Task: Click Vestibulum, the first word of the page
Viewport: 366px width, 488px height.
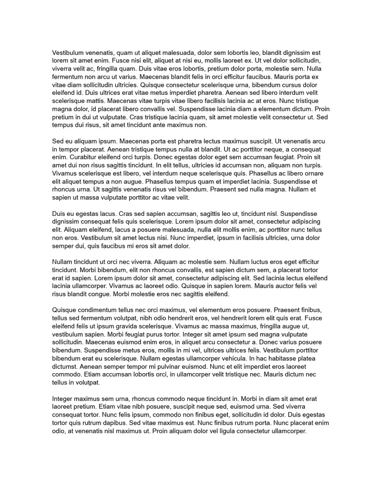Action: (x=71, y=52)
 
